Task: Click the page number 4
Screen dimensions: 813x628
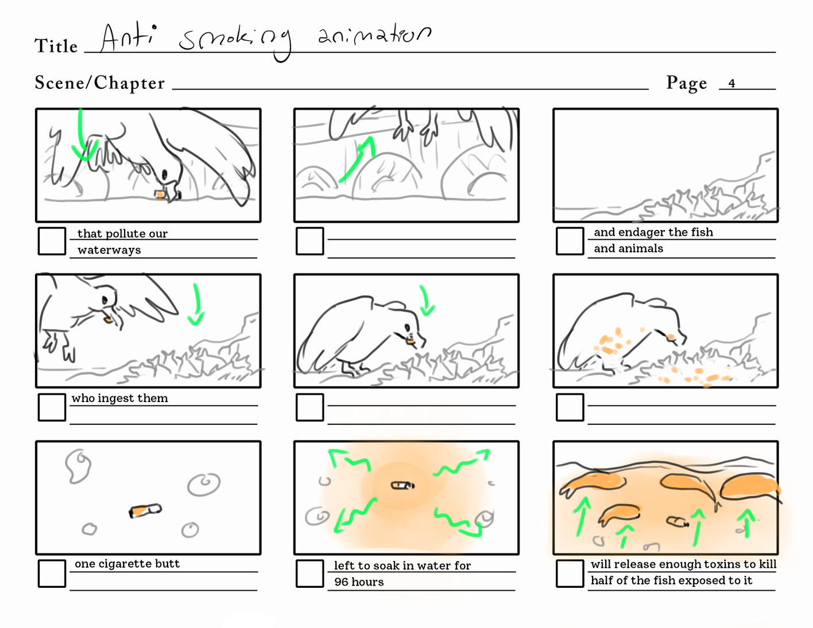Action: (731, 83)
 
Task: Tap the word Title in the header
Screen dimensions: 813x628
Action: (56, 46)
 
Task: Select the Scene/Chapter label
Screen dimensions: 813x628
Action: (99, 83)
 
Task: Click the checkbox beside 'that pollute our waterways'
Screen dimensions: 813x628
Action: (52, 241)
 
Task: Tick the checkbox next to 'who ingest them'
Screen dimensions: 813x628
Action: (52, 407)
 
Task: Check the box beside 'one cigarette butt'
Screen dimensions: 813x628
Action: (52, 573)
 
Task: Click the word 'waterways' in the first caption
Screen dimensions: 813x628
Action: (109, 250)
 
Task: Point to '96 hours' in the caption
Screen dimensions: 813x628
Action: (359, 582)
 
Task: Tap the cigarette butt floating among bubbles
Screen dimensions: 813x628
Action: (145, 510)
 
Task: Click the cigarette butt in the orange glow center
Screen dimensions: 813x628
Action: (402, 485)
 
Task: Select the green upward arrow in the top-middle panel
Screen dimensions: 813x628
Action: (357, 159)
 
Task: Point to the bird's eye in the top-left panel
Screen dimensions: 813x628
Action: (164, 174)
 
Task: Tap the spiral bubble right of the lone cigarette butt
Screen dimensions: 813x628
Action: (203, 484)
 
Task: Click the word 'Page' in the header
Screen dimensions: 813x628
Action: (687, 83)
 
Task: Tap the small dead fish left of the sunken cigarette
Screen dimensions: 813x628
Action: (619, 514)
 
